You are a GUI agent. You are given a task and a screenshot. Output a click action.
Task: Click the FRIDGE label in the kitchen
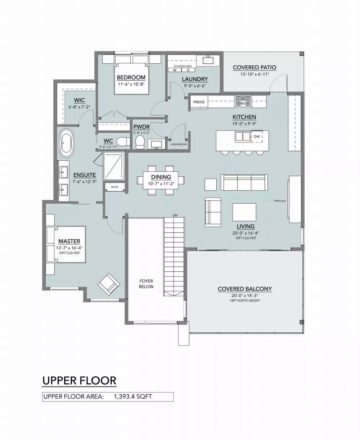199,102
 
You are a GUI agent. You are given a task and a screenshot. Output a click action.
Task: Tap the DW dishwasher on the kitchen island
257,137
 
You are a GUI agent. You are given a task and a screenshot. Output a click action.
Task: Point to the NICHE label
114,187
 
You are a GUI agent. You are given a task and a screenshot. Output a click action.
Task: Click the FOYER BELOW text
147,284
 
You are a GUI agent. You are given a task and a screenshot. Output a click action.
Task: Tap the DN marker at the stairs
175,215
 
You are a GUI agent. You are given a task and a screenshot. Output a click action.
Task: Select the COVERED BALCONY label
245,289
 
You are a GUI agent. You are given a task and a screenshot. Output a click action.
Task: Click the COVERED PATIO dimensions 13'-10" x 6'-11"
255,74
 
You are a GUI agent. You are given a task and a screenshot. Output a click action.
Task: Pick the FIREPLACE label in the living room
280,201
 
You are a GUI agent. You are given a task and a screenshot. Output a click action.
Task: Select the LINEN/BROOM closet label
179,144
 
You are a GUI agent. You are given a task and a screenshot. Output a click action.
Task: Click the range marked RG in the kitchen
243,100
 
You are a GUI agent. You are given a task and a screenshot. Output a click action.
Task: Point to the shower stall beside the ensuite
114,166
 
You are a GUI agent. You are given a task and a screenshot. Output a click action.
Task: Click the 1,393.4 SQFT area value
133,397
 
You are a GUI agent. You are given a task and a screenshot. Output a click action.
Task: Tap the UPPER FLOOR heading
79,380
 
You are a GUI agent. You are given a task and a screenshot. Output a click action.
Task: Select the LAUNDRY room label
195,79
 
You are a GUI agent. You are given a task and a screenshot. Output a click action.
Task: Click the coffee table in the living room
244,212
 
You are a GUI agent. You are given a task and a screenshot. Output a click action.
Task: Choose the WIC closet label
79,100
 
